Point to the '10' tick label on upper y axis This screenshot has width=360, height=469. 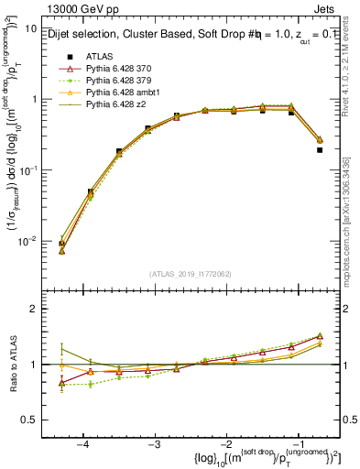[29, 28]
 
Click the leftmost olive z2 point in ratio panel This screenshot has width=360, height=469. [61, 348]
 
